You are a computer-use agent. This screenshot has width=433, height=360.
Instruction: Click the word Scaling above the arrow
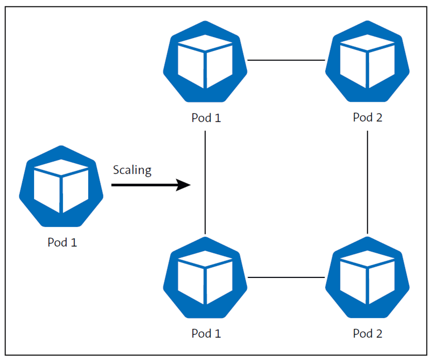pyautogui.click(x=132, y=170)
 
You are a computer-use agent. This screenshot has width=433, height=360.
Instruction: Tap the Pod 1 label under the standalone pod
pyautogui.click(x=62, y=242)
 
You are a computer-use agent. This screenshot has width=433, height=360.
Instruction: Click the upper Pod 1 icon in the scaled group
pyautogui.click(x=205, y=61)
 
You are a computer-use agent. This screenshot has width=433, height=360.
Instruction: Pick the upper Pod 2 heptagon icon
pyautogui.click(x=367, y=61)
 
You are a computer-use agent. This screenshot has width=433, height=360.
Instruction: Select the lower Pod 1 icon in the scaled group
pyautogui.click(x=205, y=278)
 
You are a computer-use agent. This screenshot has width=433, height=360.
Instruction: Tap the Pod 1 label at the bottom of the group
pyautogui.click(x=206, y=334)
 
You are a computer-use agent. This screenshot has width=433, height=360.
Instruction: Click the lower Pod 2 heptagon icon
pyautogui.click(x=367, y=278)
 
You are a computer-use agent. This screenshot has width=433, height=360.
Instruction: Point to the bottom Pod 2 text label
pyautogui.click(x=368, y=334)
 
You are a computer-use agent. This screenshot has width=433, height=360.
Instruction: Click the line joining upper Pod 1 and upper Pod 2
pyautogui.click(x=286, y=60)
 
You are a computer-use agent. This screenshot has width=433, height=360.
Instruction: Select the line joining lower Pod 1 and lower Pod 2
pyautogui.click(x=286, y=277)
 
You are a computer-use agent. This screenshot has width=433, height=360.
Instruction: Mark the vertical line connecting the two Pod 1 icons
pyautogui.click(x=205, y=183)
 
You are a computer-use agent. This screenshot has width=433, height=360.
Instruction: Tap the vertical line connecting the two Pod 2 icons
pyautogui.click(x=367, y=183)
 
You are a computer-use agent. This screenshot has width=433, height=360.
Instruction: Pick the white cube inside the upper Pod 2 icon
pyautogui.click(x=367, y=60)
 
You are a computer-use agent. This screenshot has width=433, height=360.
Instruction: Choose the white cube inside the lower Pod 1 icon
pyautogui.click(x=205, y=277)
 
